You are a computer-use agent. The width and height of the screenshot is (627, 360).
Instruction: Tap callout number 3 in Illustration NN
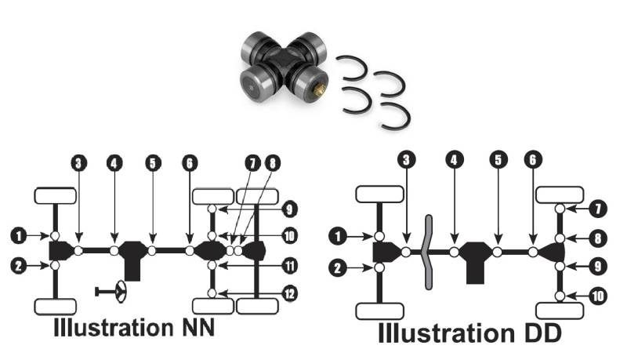tap(78, 164)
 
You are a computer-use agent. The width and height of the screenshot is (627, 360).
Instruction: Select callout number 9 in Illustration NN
tap(288, 209)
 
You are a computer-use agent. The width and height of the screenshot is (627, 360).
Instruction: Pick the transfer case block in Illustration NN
tap(133, 258)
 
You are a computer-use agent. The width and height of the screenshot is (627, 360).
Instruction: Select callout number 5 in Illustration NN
tap(152, 164)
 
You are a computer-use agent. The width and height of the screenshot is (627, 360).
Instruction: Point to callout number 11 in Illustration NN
tap(288, 266)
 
